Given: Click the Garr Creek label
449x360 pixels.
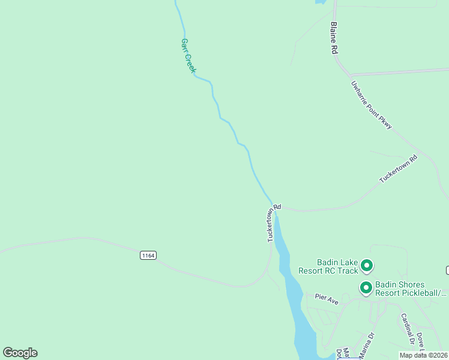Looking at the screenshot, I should (188, 56).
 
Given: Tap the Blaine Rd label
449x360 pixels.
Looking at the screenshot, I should (334, 38).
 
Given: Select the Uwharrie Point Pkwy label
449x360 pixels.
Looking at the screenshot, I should (372, 104).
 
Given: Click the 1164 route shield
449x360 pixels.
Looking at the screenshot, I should (148, 256).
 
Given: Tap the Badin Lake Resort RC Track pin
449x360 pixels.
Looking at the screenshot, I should (366, 265).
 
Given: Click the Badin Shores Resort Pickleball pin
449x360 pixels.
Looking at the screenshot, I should (365, 288).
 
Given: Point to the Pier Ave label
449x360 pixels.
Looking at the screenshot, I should (327, 299).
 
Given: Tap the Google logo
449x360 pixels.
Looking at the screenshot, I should (20, 353).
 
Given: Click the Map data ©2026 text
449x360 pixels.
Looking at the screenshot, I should (423, 355).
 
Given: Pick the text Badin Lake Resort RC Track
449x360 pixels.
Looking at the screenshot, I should (337, 266).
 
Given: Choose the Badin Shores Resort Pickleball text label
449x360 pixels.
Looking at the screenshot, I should (411, 289).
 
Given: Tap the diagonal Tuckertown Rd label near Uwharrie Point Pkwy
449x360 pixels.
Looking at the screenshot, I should (398, 170).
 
